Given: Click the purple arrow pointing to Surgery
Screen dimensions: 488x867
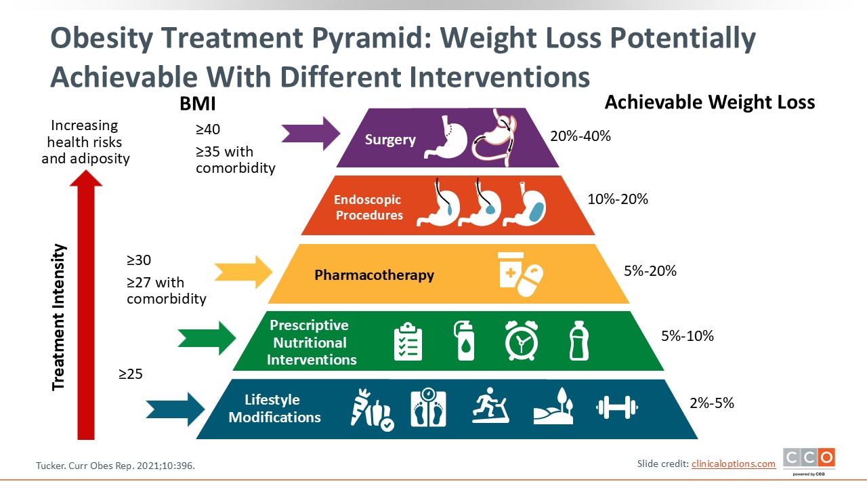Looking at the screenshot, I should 310,133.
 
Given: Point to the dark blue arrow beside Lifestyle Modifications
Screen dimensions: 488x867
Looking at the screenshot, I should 175,408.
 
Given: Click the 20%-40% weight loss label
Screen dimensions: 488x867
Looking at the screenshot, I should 580,136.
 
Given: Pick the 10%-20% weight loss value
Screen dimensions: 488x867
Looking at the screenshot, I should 618,199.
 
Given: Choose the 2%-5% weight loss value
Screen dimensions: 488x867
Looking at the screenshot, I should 712,403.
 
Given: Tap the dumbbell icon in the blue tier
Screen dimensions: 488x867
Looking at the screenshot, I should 616,407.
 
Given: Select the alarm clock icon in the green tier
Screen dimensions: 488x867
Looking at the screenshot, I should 522,340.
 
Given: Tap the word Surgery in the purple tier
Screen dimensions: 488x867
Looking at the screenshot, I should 390,140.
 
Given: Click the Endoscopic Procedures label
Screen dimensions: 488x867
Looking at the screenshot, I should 368,207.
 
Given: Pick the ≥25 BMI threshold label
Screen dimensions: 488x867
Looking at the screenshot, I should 131,373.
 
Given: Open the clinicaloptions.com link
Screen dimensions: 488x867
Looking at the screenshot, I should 733,464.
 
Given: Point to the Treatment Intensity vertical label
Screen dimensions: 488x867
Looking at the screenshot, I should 60,317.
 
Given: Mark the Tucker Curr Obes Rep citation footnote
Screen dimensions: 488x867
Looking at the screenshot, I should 120,466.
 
